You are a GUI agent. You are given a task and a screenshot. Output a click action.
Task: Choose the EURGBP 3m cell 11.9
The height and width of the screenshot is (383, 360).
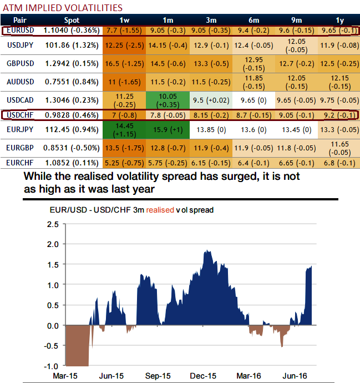(x=210, y=149)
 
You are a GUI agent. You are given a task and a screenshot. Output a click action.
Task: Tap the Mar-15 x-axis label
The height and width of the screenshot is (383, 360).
(x=65, y=376)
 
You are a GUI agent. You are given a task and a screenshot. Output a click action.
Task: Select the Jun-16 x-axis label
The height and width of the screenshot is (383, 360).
(x=302, y=376)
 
